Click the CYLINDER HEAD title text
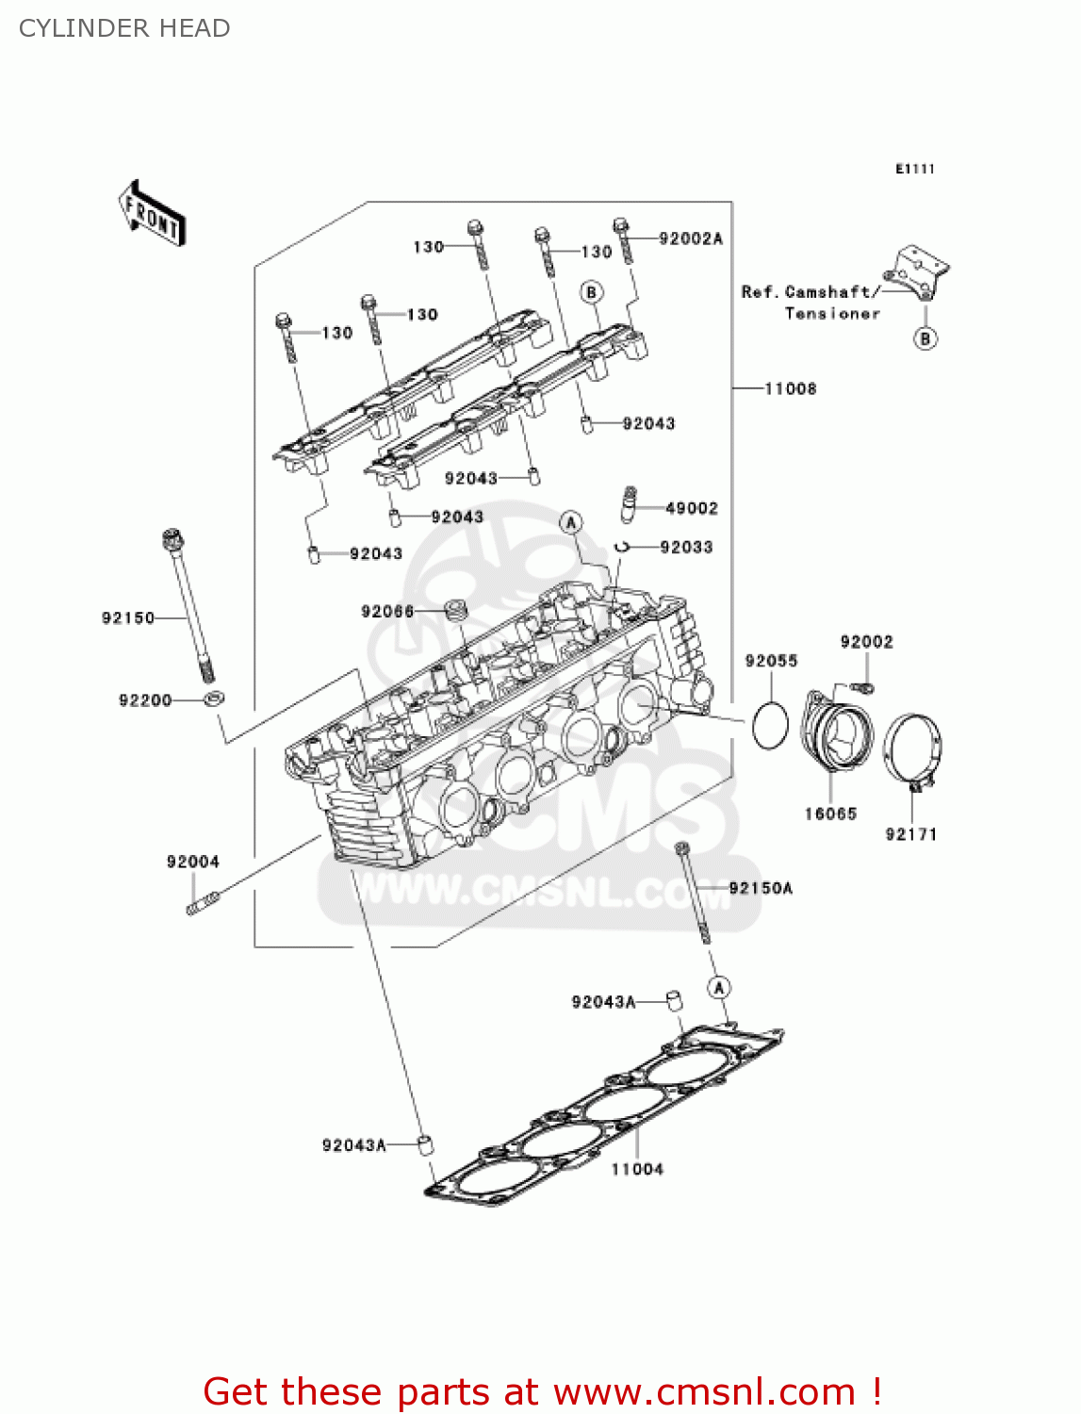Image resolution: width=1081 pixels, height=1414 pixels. [124, 28]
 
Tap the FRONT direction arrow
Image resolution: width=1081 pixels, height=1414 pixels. [152, 214]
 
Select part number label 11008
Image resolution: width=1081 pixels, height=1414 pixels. [790, 388]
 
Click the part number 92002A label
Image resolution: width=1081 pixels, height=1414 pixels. [691, 238]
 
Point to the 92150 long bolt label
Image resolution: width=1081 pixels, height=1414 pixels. [127, 617]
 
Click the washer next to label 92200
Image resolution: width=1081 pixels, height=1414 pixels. [215, 699]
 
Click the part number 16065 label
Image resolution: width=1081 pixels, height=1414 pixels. [830, 814]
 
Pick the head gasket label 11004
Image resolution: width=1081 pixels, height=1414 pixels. [637, 1169]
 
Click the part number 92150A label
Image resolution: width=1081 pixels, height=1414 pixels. [761, 888]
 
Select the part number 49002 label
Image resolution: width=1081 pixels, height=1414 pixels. [692, 508]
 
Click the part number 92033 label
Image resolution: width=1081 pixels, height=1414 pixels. [686, 547]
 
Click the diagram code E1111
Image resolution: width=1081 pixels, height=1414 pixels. [914, 169]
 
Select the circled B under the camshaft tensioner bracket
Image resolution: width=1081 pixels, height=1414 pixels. [925, 338]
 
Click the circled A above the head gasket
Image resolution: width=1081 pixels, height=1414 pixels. [719, 987]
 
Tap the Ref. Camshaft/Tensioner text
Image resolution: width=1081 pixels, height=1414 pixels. [811, 303]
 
